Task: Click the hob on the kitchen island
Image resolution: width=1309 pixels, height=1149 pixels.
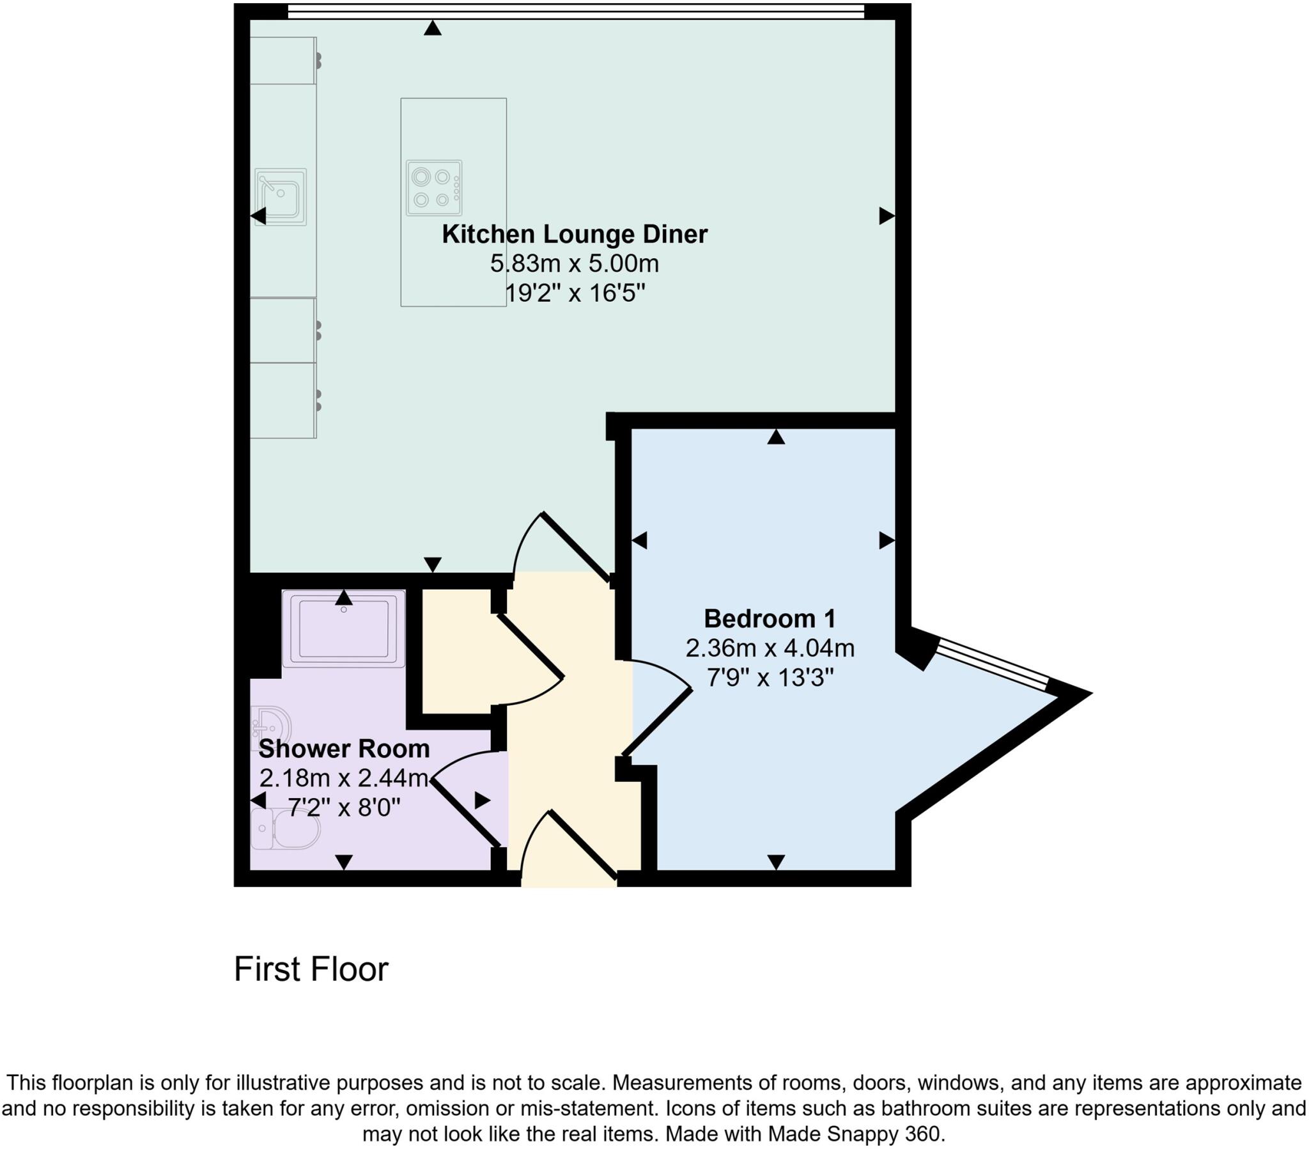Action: [x=433, y=188]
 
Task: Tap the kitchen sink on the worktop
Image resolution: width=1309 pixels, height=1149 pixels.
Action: [x=281, y=197]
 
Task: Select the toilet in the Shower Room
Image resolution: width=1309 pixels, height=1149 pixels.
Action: [x=286, y=829]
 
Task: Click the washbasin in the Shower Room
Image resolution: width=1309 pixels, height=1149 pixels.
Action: [x=270, y=727]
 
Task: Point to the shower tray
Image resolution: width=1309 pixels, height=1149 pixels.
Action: [x=344, y=629]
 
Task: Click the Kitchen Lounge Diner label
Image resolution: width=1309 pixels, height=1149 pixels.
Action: [x=575, y=235]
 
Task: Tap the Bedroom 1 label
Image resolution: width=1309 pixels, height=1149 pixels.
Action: [x=770, y=619]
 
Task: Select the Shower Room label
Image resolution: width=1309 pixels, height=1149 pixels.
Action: [x=344, y=749]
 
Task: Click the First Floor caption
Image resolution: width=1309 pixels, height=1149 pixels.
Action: [x=311, y=969]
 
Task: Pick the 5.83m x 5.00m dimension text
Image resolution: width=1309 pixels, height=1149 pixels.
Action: [x=575, y=263]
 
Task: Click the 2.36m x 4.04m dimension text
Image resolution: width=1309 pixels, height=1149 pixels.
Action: [x=770, y=648]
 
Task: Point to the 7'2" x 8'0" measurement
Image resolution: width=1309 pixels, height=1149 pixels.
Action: [x=344, y=808]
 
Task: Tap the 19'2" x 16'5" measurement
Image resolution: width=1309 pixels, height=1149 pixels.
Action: [x=575, y=293]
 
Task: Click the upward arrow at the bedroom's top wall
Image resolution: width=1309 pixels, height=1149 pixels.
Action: [x=776, y=437]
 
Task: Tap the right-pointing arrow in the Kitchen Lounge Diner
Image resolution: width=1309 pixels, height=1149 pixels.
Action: [x=887, y=216]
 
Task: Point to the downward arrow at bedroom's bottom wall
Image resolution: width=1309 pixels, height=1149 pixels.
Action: [x=776, y=863]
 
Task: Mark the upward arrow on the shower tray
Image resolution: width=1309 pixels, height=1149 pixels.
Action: [x=344, y=598]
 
